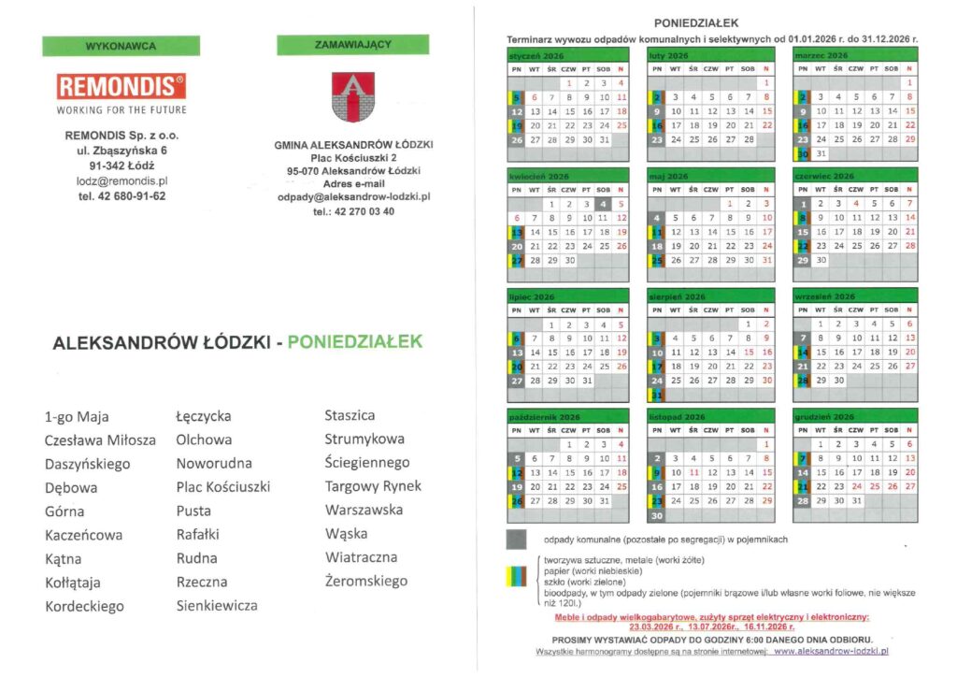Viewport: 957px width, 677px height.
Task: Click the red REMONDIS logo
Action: tap(121, 87)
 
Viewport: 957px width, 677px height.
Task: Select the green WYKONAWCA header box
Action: tap(121, 46)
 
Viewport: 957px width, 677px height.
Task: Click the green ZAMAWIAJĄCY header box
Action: tap(352, 44)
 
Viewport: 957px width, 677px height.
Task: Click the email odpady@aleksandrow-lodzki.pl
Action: tap(353, 197)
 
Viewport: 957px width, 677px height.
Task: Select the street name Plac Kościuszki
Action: tap(222, 487)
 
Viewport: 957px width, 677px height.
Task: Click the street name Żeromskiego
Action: tap(366, 582)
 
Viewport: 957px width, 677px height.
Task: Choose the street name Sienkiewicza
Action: tap(217, 606)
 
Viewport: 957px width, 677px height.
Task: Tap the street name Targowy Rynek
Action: tap(373, 486)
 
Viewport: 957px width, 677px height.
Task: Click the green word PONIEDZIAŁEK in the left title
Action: tap(355, 341)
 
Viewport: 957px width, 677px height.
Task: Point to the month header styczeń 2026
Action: tap(531, 56)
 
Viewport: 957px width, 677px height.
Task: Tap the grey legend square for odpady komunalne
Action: tap(516, 539)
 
